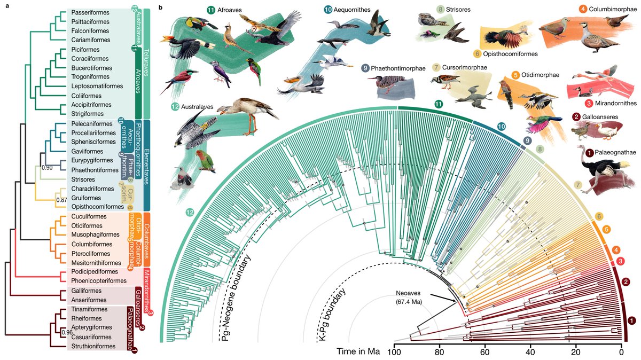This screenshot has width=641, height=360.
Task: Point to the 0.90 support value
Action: click(x=48, y=168)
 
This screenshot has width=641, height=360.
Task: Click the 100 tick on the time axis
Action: click(x=394, y=353)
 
